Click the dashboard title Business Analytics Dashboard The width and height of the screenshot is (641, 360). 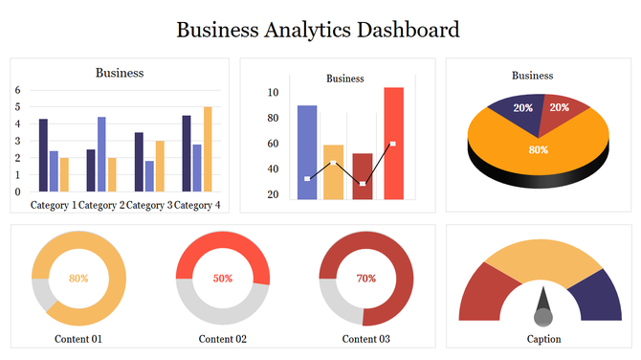coord(319,30)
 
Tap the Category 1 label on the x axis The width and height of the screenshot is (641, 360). coord(53,205)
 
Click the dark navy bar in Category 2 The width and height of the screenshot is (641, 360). coord(91,170)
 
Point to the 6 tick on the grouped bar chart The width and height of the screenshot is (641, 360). coord(17,90)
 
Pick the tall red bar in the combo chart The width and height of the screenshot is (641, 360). coord(393,144)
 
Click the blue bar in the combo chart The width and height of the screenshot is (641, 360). coord(307,152)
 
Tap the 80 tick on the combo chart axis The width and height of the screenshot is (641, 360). coord(273,118)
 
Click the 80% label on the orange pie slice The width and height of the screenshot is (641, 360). coord(539,149)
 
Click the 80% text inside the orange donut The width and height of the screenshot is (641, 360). coord(78,279)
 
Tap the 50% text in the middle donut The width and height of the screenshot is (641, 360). coord(223,279)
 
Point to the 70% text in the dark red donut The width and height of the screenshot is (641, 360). coord(366,279)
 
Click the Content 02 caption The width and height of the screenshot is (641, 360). coord(223,339)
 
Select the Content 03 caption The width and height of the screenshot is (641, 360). coord(366,339)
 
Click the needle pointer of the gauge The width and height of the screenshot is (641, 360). coord(542,308)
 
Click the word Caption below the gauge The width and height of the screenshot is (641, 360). coord(543,339)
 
